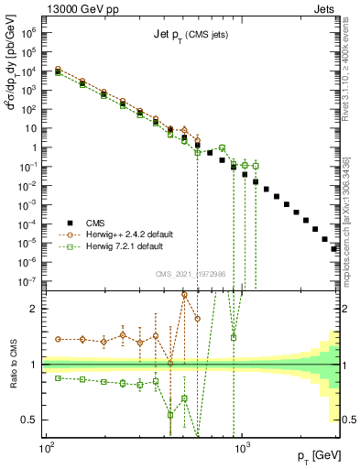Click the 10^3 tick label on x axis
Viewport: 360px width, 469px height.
[243, 450]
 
